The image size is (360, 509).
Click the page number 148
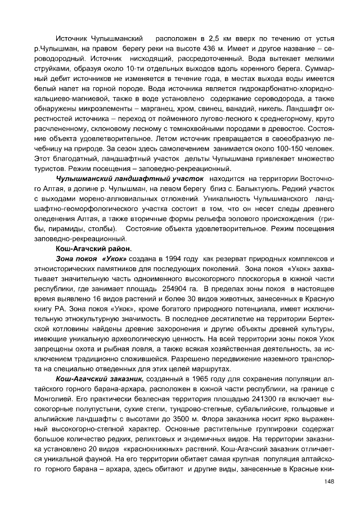click(329, 481)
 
